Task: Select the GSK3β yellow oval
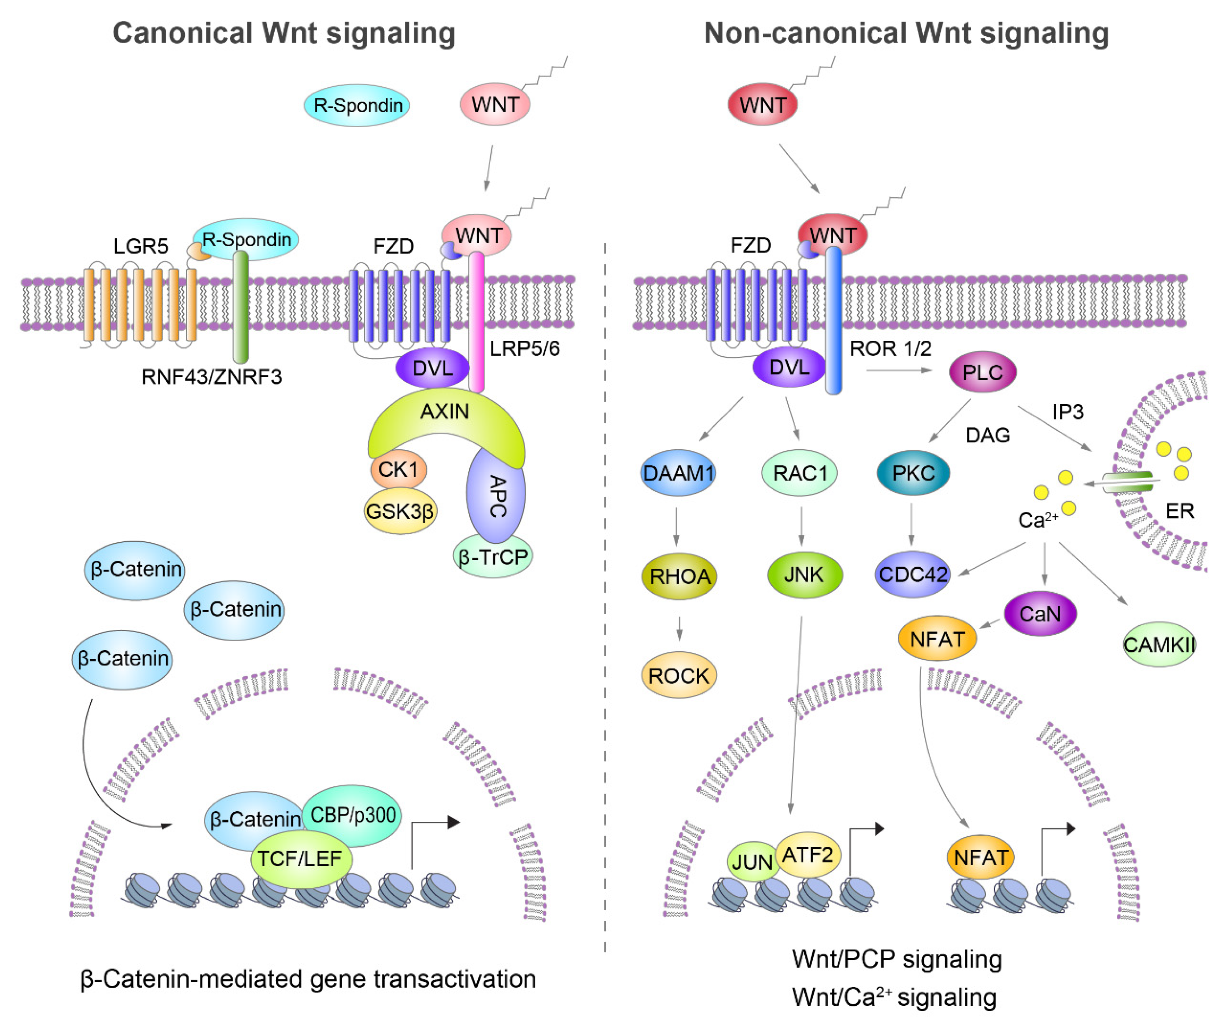(x=400, y=511)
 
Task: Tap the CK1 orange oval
(x=398, y=469)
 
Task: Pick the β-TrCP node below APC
(x=493, y=557)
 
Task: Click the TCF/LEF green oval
(x=301, y=859)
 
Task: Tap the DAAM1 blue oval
(x=678, y=473)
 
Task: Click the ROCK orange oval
(x=679, y=676)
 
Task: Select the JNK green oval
(x=804, y=575)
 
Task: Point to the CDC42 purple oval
(x=912, y=575)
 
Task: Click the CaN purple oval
(x=1040, y=613)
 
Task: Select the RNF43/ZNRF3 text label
(x=211, y=377)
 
